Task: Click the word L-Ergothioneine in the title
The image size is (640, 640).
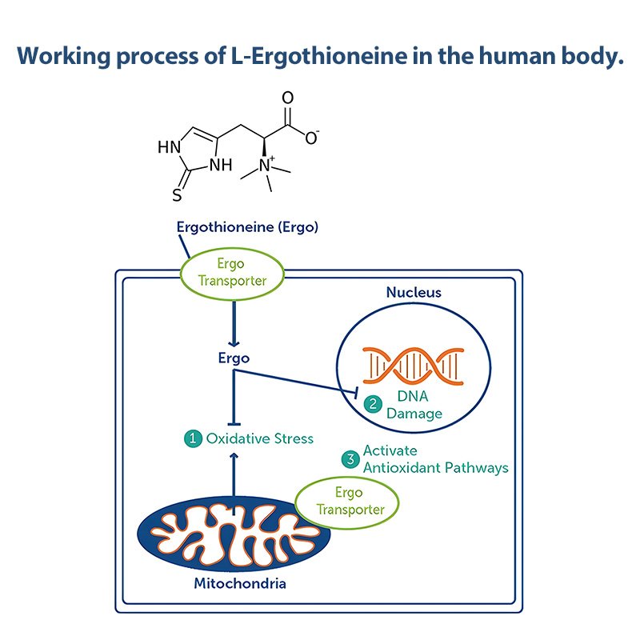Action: pyautogui.click(x=319, y=55)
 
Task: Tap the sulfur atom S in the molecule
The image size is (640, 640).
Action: pyautogui.click(x=177, y=195)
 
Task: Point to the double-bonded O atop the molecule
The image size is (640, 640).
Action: pyautogui.click(x=288, y=98)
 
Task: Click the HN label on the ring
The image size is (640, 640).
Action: pyautogui.click(x=169, y=147)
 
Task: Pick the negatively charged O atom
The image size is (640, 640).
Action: pyautogui.click(x=312, y=138)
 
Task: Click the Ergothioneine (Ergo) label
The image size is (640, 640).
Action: pyautogui.click(x=247, y=227)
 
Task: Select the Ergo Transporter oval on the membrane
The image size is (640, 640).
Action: pyautogui.click(x=232, y=274)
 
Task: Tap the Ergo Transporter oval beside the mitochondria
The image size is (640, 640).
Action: pyautogui.click(x=346, y=502)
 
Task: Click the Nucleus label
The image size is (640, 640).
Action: pyautogui.click(x=414, y=292)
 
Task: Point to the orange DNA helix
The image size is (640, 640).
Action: pyautogui.click(x=413, y=366)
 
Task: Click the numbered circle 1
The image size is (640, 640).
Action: pyautogui.click(x=193, y=438)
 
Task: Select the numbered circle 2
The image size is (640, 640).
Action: pyautogui.click(x=373, y=404)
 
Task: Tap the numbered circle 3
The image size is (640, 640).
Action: pyautogui.click(x=350, y=459)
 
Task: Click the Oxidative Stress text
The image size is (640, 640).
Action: pyautogui.click(x=259, y=438)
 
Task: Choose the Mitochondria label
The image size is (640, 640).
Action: pyautogui.click(x=240, y=583)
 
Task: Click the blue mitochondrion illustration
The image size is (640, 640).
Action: pyautogui.click(x=234, y=534)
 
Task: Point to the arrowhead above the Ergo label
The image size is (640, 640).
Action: pyautogui.click(x=234, y=343)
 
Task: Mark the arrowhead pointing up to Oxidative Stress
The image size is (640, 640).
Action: pyautogui.click(x=234, y=456)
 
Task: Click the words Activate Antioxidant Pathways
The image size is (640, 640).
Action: pyautogui.click(x=435, y=459)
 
